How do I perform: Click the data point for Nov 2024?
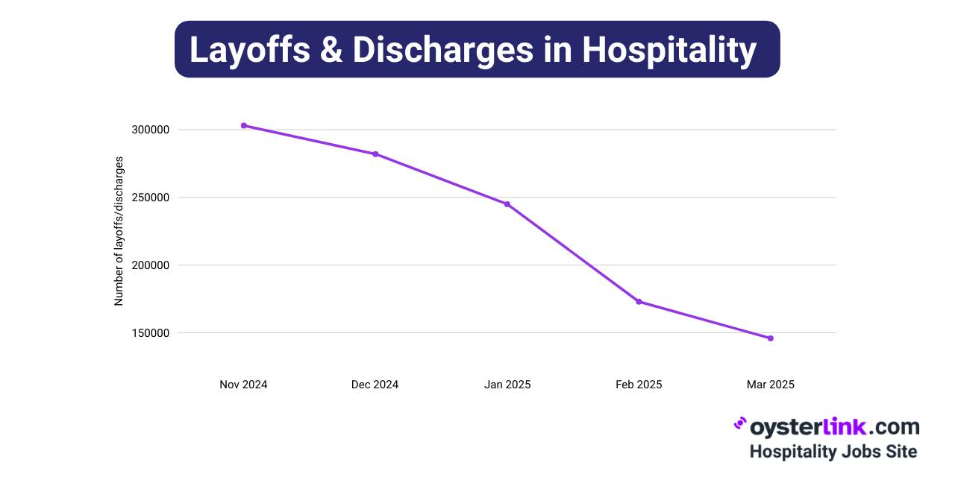[244, 125]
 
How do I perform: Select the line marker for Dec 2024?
[375, 154]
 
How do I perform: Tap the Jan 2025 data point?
[507, 204]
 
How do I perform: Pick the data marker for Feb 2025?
[639, 302]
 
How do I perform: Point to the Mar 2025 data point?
[771, 338]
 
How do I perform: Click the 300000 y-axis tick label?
[151, 130]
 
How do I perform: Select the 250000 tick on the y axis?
[151, 198]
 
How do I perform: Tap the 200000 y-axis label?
[151, 265]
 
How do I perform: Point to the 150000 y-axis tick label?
[151, 333]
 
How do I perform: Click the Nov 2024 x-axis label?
[243, 385]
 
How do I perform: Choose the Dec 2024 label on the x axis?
[375, 385]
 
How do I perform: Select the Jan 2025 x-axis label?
[507, 385]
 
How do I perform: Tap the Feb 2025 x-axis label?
[639, 385]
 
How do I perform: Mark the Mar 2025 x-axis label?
[771, 385]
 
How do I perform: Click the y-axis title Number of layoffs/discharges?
[119, 232]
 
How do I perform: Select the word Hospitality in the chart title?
[669, 49]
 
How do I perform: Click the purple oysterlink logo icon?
[740, 424]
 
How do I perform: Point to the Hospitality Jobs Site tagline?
[833, 452]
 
